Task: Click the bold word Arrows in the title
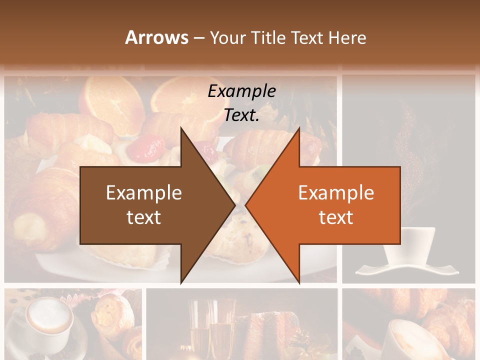click(156, 37)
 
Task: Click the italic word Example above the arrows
click(241, 91)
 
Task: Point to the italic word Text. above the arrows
click(241, 115)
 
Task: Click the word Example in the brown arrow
click(144, 192)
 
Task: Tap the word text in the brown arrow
click(144, 217)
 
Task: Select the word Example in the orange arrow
click(336, 192)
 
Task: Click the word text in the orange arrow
click(336, 217)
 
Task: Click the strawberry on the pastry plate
click(148, 148)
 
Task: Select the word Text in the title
click(307, 37)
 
